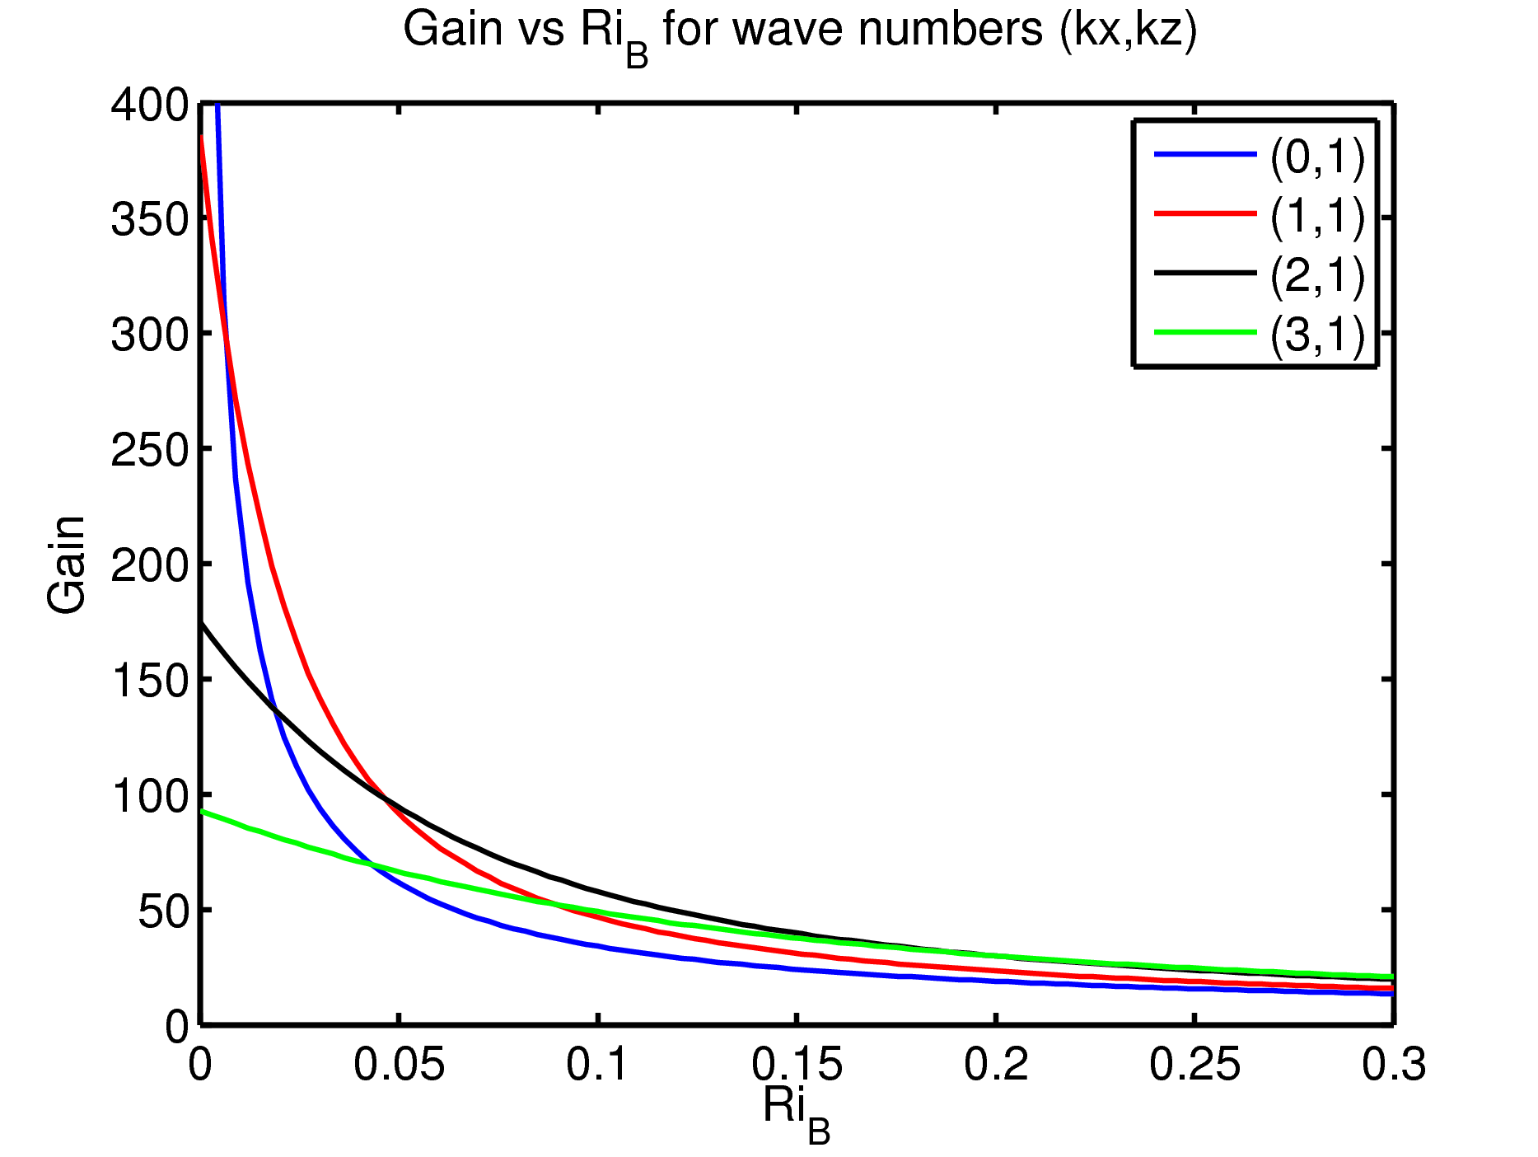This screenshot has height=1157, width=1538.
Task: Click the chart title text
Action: click(799, 33)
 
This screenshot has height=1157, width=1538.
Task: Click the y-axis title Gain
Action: click(66, 564)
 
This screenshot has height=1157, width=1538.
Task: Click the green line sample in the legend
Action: click(1204, 332)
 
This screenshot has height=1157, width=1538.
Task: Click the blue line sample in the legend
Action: click(1204, 154)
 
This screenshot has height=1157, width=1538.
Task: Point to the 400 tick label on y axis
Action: click(150, 105)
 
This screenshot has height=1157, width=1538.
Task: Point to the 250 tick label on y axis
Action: click(150, 450)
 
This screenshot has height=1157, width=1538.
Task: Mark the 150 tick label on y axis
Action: click(150, 681)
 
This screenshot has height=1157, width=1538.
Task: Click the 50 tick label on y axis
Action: click(163, 911)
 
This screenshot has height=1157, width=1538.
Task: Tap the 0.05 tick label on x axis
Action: click(400, 1064)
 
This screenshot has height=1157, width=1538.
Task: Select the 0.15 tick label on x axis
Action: click(797, 1064)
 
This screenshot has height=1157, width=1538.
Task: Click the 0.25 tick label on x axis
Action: click(1194, 1064)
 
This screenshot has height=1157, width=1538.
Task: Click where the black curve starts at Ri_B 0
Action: click(202, 623)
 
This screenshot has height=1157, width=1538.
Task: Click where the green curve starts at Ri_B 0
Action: click(202, 812)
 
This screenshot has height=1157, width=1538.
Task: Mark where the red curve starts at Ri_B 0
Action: click(202, 137)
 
